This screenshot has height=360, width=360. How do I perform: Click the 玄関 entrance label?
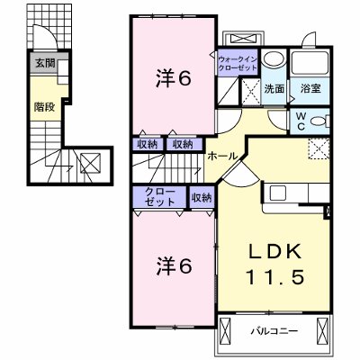tap(45, 63)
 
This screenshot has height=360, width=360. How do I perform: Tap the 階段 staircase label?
tap(44, 107)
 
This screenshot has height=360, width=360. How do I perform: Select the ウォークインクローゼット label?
tap(238, 63)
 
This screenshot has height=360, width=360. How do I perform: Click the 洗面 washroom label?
tap(274, 89)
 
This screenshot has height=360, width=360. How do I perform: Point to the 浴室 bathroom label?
tap(310, 88)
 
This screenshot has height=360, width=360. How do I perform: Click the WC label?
tap(301, 121)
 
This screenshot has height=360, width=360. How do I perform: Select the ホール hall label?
tap(222, 156)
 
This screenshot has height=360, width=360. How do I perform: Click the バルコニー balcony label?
tap(274, 331)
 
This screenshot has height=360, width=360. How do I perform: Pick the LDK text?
tap(274, 251)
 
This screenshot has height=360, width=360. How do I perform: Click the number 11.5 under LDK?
tap(275, 276)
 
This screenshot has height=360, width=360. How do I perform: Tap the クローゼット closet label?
tap(160, 197)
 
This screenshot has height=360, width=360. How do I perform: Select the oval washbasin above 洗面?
tap(274, 58)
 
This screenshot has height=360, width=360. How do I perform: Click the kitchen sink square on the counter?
tap(277, 193)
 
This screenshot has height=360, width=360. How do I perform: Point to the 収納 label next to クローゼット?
tap(202, 198)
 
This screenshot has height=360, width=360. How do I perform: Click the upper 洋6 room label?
tap(174, 79)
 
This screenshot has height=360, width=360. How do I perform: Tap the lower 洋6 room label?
tap(174, 266)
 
